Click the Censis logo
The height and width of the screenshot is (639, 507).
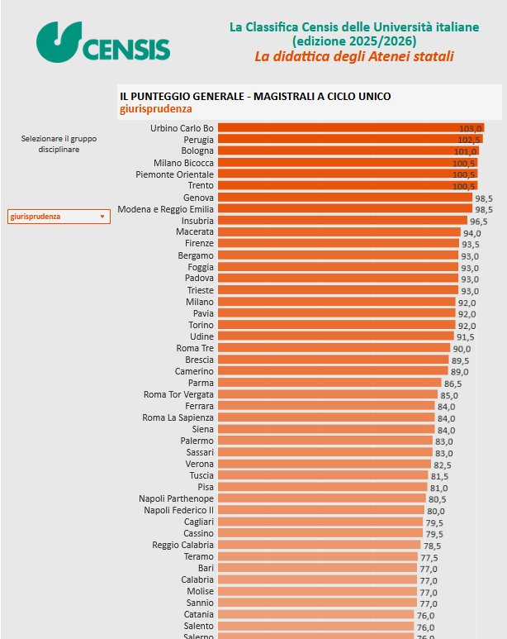click(103, 42)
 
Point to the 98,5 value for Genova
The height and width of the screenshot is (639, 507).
click(483, 198)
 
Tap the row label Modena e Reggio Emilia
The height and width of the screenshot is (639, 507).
click(165, 210)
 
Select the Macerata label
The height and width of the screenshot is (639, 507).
click(195, 233)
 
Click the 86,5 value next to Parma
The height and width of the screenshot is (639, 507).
click(453, 384)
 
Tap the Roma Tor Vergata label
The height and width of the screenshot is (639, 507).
click(178, 395)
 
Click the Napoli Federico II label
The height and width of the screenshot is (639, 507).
click(178, 511)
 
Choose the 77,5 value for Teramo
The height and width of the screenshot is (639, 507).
click(429, 558)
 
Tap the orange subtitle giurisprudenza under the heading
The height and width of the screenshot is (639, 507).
click(155, 108)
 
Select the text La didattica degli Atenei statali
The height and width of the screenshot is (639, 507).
click(353, 56)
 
